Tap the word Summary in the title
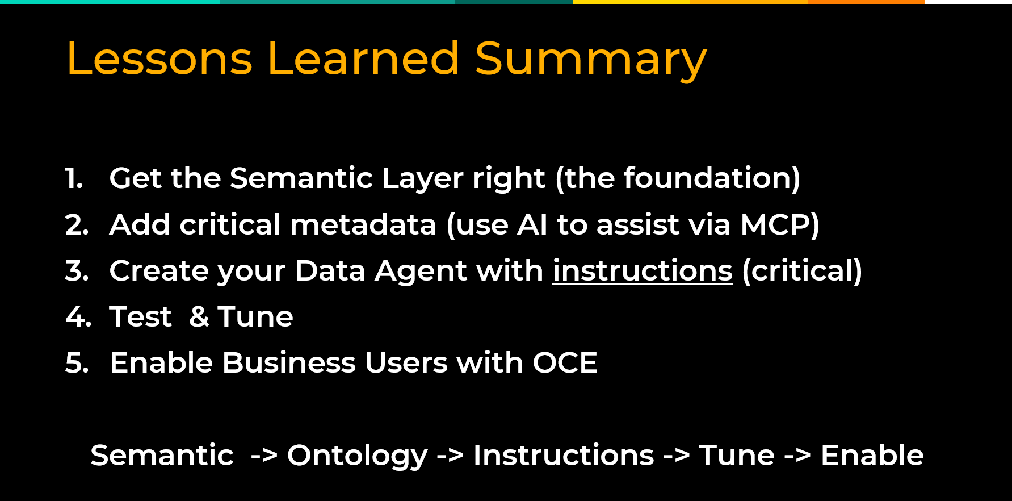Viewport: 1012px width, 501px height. pos(591,61)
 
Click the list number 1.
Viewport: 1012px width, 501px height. pos(74,178)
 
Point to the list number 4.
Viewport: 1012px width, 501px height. pos(78,316)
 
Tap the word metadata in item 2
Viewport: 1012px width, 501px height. pos(363,224)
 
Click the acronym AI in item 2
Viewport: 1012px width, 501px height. pos(532,224)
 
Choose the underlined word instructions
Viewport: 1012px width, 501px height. pos(643,270)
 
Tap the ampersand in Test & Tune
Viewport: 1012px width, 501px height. pos(199,316)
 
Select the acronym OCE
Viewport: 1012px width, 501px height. pos(565,362)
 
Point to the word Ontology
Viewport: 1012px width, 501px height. pos(357,456)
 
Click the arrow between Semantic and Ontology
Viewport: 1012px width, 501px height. pos(264,456)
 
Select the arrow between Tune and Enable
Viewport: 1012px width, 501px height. pos(797,456)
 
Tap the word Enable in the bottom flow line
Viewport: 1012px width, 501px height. pos(872,455)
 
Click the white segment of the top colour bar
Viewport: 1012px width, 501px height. pos(968,2)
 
